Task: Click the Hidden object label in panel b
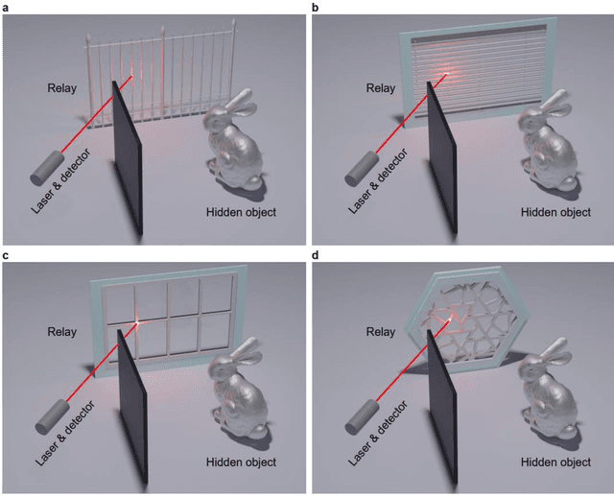pyautogui.click(x=555, y=211)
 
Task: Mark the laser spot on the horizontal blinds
pyautogui.click(x=448, y=74)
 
